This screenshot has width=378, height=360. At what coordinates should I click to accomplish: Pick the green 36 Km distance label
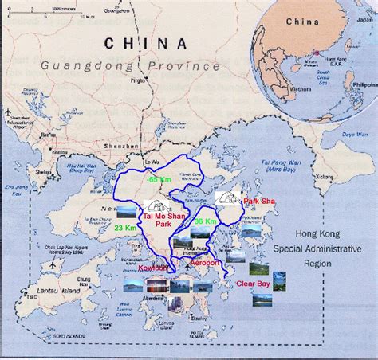[x=205, y=221]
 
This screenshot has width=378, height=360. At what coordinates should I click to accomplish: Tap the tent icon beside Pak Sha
[x=226, y=199]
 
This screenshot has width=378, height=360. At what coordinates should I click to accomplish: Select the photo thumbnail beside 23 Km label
[x=126, y=212]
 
